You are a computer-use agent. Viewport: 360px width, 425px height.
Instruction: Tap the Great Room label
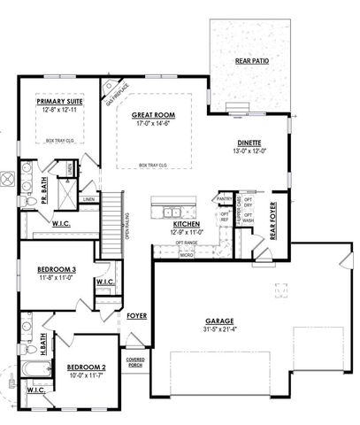[x=154, y=115]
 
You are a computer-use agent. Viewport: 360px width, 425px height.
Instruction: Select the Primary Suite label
[x=58, y=103]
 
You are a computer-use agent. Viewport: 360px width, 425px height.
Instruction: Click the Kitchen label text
[x=187, y=225]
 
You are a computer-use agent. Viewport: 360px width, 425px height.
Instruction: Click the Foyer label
[x=136, y=314]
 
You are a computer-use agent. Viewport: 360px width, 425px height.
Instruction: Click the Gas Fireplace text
[x=117, y=91]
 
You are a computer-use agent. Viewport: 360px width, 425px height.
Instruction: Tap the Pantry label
[x=224, y=199]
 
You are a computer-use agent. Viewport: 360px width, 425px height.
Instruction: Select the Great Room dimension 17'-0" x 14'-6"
[x=154, y=124]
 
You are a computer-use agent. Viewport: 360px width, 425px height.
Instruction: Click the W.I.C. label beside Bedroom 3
[x=103, y=282]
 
